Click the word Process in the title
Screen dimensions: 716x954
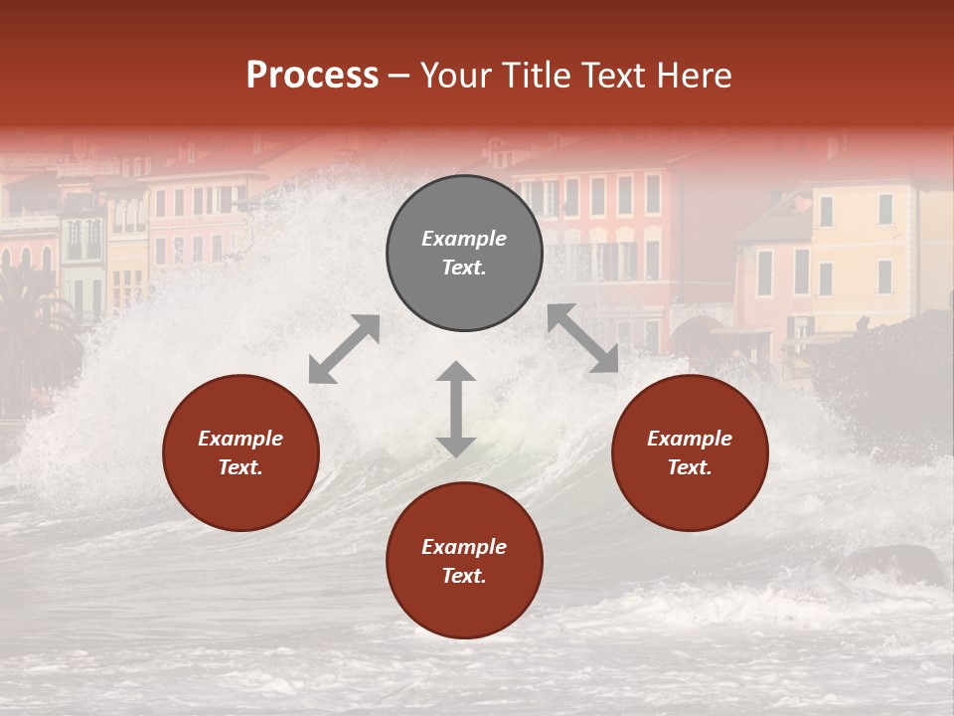(312, 76)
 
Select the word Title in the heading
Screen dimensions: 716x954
(536, 76)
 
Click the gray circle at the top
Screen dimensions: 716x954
(464, 253)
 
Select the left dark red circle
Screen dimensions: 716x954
(240, 452)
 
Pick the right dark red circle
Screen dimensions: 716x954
(690, 452)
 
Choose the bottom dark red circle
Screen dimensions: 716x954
(464, 561)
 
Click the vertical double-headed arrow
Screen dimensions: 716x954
(456, 409)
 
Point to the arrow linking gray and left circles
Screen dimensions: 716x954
(344, 349)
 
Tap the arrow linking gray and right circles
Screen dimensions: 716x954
(582, 338)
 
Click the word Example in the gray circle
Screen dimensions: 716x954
(464, 239)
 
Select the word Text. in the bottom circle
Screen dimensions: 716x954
(464, 576)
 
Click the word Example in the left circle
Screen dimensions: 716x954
(240, 439)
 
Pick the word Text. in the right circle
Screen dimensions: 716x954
(690, 467)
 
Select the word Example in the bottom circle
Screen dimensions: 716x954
(464, 547)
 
